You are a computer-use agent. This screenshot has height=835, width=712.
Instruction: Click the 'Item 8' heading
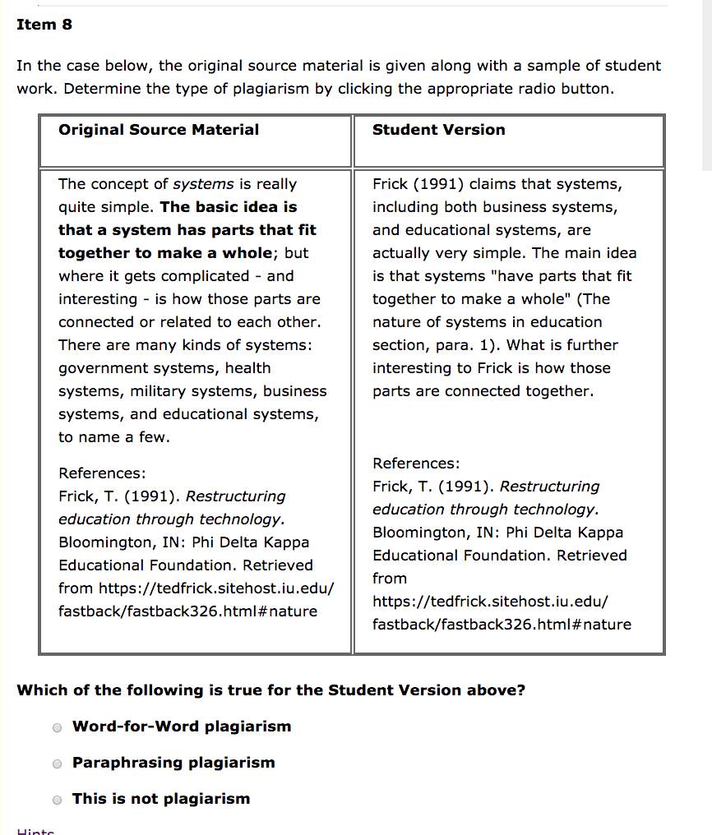[44, 25]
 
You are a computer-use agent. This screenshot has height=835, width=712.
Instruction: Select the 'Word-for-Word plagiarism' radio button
[57, 727]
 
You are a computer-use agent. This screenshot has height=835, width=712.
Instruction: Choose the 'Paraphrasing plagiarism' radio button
[57, 763]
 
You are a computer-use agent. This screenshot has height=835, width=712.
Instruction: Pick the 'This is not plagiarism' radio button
[57, 800]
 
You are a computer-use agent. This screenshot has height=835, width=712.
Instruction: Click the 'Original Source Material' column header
[159, 130]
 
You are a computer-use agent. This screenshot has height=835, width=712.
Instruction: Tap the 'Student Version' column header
[438, 130]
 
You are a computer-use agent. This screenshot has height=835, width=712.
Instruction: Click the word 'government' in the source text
[96, 368]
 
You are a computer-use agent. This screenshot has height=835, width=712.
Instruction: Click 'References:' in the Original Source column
[102, 473]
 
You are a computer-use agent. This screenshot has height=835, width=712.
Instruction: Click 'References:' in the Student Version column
[416, 464]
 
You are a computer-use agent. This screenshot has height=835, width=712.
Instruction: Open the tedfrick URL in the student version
[490, 602]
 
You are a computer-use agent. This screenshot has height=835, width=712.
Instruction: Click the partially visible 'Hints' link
[35, 831]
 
